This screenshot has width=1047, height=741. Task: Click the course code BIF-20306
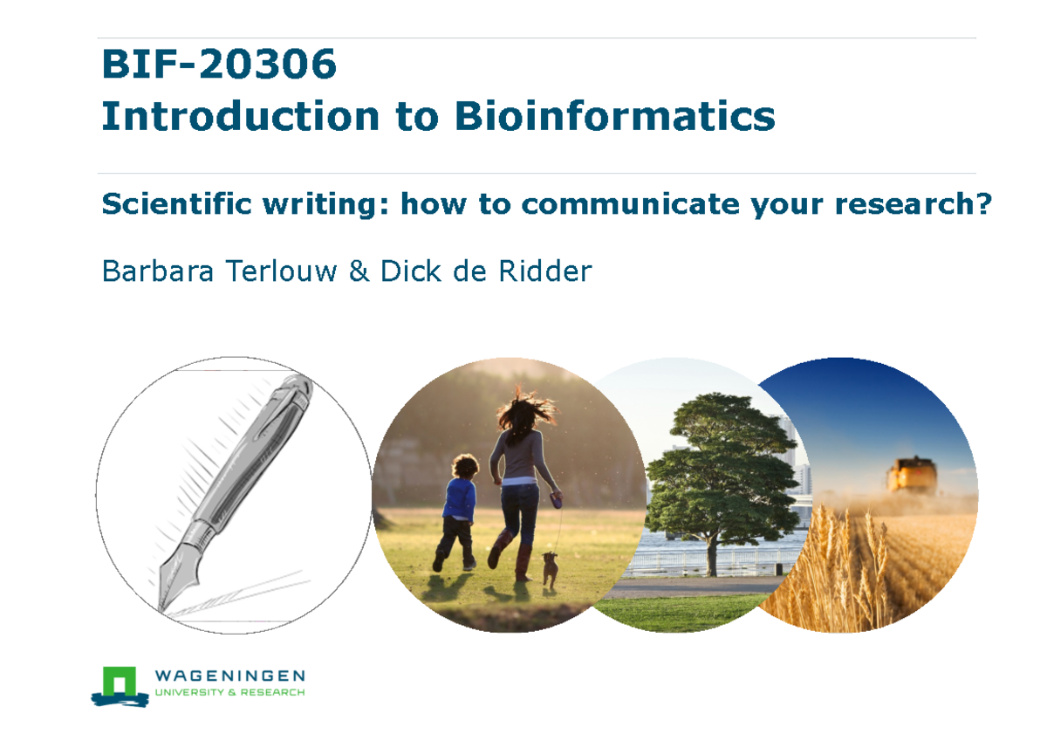(218, 65)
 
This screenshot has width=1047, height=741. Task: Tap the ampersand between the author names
(359, 271)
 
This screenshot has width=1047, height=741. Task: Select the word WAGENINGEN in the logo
(229, 676)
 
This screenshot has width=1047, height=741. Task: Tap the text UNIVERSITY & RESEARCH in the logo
(229, 693)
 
